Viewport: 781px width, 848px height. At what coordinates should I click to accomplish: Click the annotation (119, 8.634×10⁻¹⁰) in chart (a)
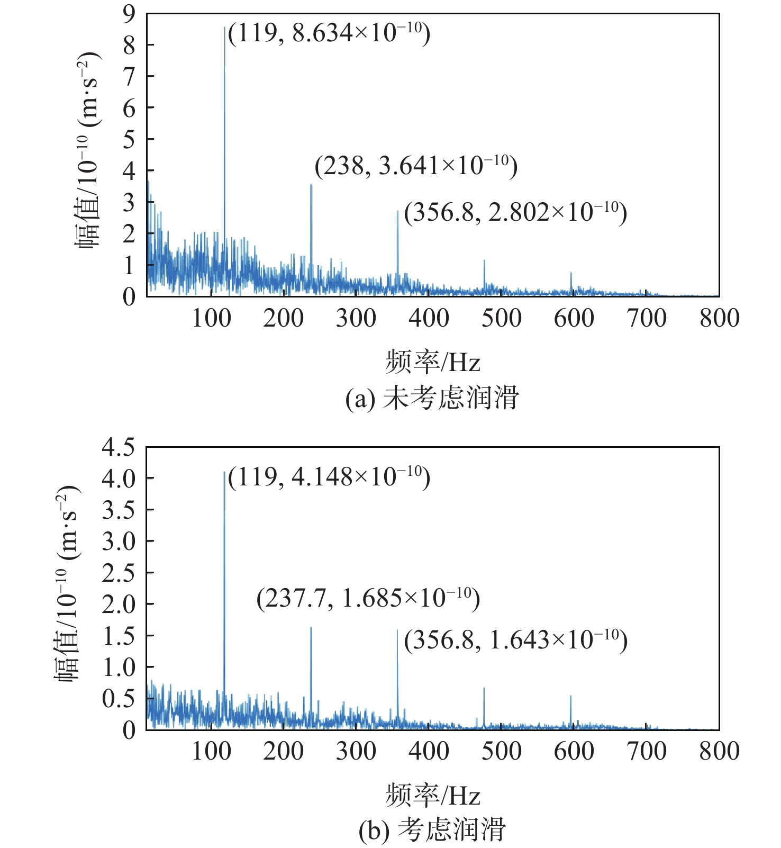click(329, 33)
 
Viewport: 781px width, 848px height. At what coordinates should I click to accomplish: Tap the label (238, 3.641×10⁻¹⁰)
click(415, 166)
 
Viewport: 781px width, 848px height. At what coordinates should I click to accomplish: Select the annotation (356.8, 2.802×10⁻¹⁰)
click(515, 212)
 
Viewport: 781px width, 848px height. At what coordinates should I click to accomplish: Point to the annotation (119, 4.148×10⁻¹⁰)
click(329, 477)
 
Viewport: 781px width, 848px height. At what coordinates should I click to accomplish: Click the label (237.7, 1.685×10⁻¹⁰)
click(368, 598)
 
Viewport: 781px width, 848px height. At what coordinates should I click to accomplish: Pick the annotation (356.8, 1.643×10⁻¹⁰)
click(515, 640)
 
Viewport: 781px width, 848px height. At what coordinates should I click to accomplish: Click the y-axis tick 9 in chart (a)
click(129, 14)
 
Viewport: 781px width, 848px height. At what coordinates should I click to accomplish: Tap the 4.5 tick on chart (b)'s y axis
click(119, 447)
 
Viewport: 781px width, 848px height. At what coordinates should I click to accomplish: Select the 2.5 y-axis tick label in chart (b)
click(119, 573)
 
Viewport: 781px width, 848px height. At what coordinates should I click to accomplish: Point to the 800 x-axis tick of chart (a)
click(719, 318)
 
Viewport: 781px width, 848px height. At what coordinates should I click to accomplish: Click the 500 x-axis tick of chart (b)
click(501, 751)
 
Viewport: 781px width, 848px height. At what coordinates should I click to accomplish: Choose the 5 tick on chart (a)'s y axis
click(129, 139)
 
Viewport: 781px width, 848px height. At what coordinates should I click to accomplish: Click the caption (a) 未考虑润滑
click(432, 398)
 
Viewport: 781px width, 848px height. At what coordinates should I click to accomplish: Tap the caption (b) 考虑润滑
click(432, 829)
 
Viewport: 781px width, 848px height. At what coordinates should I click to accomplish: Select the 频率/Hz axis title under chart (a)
click(432, 363)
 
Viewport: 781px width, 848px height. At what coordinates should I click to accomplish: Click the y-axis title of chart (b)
click(67, 584)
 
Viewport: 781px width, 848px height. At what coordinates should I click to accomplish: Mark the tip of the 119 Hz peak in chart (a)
click(224, 27)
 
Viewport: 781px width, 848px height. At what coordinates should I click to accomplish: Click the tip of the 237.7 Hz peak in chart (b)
click(311, 627)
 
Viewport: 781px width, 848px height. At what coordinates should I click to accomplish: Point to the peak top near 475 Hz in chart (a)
click(484, 260)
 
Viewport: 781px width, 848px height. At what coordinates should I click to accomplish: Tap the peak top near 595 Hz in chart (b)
click(570, 696)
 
